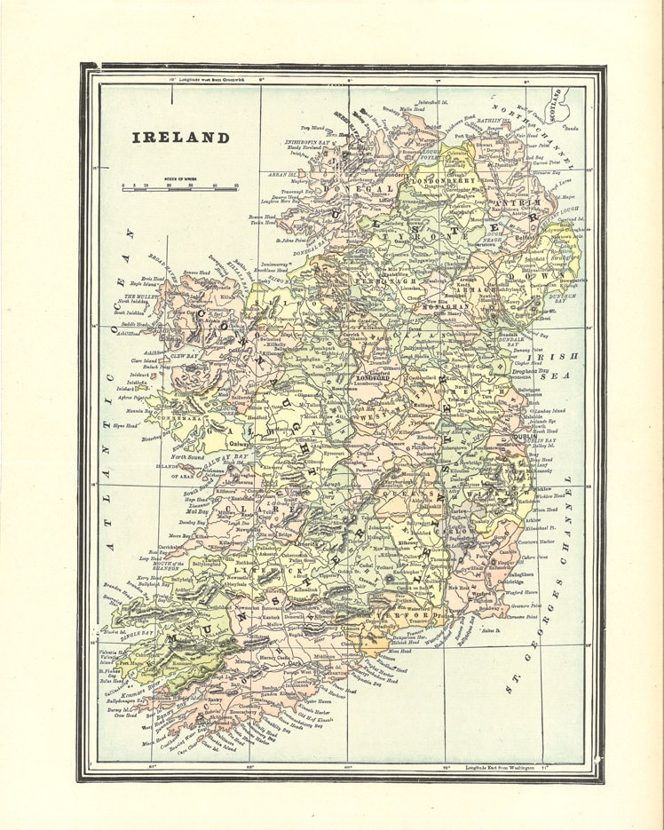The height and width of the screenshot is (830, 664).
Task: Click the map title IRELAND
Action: tap(181, 138)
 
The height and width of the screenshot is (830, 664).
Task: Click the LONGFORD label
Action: tap(373, 377)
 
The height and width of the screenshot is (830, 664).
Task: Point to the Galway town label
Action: tap(238, 444)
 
